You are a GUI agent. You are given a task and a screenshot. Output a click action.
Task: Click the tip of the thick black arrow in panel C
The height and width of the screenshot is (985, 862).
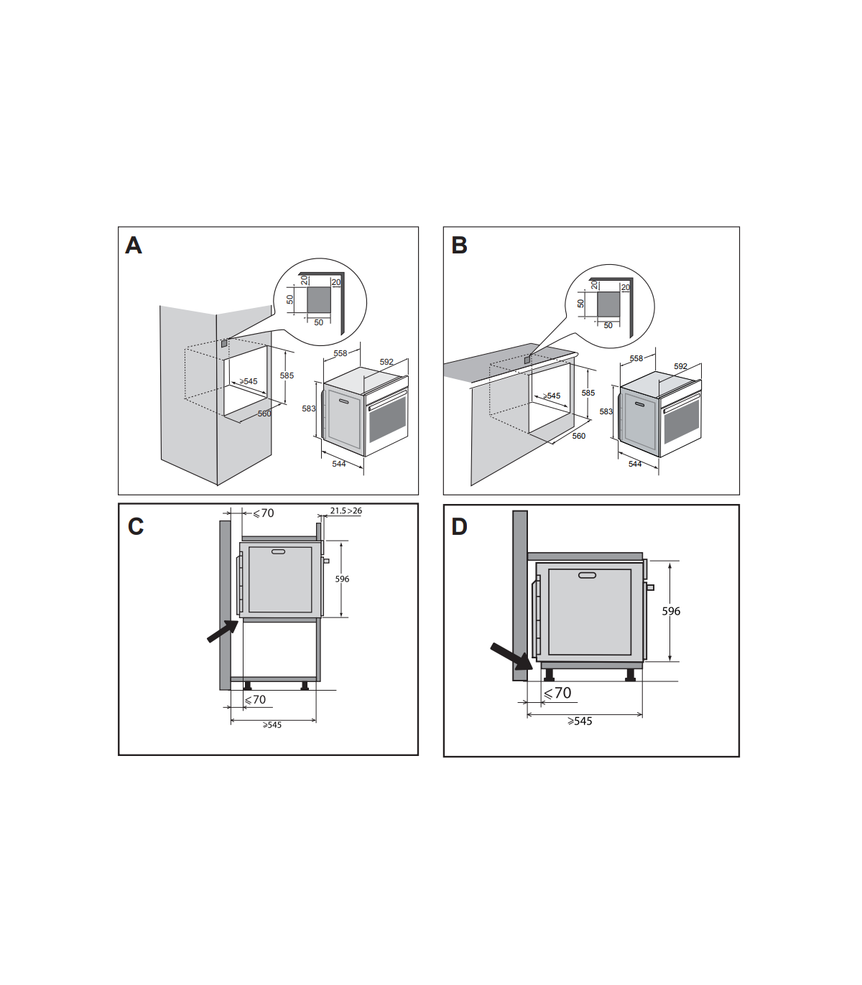tap(238, 621)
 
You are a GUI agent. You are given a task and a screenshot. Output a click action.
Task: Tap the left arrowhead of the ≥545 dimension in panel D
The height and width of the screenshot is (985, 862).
tap(529, 715)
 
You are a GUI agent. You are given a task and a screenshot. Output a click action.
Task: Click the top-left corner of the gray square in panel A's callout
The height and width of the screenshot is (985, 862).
tap(307, 287)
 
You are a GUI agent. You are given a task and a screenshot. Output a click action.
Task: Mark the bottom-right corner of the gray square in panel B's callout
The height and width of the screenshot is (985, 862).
tap(619, 317)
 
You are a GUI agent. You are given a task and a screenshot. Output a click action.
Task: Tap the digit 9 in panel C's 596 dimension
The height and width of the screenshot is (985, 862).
tap(342, 579)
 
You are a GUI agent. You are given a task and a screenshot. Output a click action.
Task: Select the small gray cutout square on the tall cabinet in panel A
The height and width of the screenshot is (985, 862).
tap(224, 343)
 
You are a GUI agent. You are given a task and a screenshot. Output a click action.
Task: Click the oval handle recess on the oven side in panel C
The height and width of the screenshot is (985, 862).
tap(278, 551)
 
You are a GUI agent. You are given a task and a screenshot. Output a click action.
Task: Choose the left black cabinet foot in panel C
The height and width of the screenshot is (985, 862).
tap(248, 686)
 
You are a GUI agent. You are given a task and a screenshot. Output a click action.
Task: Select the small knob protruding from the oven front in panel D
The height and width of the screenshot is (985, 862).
tap(650, 587)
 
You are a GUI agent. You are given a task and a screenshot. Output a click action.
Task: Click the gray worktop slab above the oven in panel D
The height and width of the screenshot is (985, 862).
tap(585, 556)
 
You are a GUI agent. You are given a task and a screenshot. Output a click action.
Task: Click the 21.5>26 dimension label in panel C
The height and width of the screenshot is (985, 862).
tap(346, 510)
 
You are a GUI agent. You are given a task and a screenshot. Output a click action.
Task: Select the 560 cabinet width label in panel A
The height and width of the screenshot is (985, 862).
tap(264, 414)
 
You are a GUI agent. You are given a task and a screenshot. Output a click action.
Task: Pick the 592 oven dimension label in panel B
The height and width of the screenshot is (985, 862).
tap(680, 366)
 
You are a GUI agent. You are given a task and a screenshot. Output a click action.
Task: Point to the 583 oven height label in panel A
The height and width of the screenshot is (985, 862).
tap(309, 409)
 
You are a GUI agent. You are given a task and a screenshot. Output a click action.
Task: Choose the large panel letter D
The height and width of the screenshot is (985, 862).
tap(460, 527)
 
